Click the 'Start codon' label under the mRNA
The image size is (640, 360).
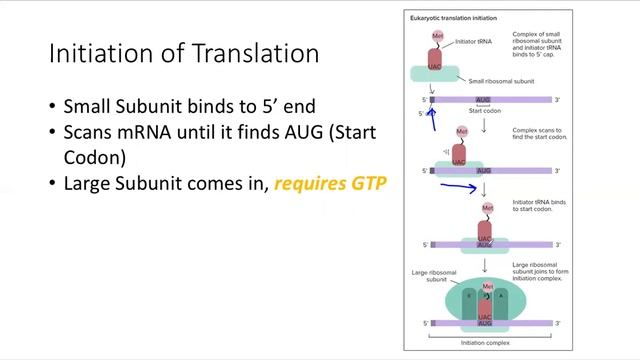click(484, 111)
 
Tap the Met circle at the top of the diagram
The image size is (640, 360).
click(437, 35)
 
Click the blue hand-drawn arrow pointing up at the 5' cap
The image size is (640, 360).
click(432, 119)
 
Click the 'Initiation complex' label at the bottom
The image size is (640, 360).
click(484, 342)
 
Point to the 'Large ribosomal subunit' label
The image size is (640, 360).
click(428, 276)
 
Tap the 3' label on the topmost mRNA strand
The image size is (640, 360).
click(558, 100)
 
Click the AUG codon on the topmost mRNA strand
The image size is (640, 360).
click(484, 100)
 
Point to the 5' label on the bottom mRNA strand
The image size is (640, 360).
click(425, 324)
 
